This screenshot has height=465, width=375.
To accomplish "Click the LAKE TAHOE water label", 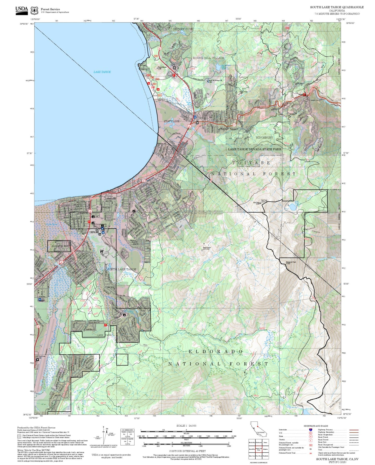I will (x=102, y=72).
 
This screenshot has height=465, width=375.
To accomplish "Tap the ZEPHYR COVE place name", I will (x=183, y=29).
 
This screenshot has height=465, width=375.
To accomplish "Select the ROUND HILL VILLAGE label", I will (x=208, y=58).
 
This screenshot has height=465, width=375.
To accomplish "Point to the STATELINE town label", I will (x=172, y=121).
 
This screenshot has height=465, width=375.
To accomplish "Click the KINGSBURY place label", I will (x=264, y=137).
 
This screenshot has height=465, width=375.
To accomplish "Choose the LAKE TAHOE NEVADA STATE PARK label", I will (x=255, y=149).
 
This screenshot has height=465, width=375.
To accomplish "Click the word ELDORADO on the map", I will (x=215, y=351).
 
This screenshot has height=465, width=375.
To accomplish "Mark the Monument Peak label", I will (x=291, y=262).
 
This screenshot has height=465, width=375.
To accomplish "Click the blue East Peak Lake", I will (x=292, y=207).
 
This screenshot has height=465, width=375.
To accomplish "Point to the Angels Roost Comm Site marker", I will (x=202, y=250).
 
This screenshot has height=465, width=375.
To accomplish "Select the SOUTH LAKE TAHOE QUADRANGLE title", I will (x=337, y=7).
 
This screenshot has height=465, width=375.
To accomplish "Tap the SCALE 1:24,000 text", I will (x=186, y=426).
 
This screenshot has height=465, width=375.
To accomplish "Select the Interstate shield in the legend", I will (x=310, y=430).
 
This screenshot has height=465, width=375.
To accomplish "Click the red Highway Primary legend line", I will (x=354, y=430).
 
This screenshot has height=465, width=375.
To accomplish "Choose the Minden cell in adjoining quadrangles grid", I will (x=265, y=449).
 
